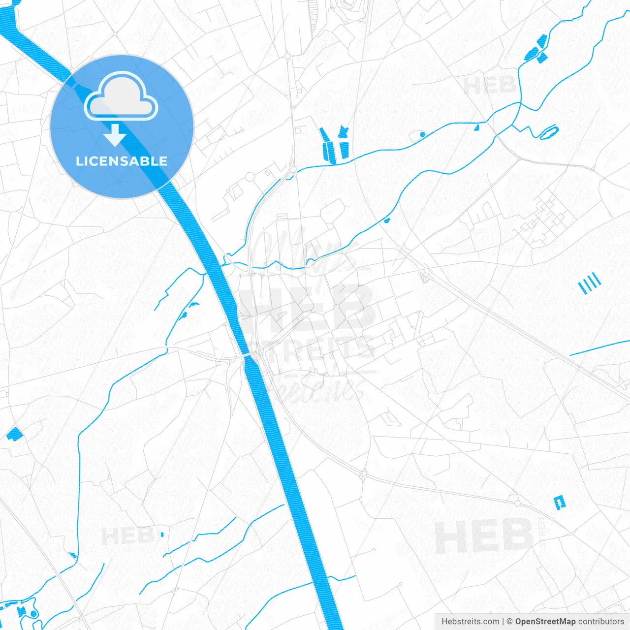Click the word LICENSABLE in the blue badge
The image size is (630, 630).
point(122,161)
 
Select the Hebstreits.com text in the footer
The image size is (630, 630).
point(471,622)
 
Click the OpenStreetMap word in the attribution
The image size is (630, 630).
point(545,622)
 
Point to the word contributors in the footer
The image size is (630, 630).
point(601,622)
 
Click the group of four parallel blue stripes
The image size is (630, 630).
point(589,283)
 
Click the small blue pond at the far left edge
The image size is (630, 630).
point(14,434)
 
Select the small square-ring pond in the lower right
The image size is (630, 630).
point(560,502)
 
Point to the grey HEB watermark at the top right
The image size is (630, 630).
point(489,86)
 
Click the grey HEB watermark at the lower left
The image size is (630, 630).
point(127,535)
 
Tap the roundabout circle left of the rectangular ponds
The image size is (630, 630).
point(250,176)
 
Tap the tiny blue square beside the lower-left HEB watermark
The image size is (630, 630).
point(161,534)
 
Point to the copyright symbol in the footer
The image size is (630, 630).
point(509,622)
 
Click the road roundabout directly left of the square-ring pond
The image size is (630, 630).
point(518,503)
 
